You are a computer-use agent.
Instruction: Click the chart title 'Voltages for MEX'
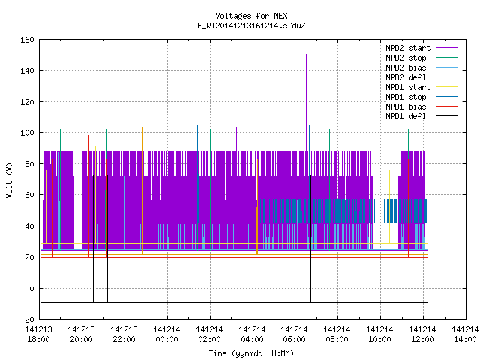[x=251, y=16]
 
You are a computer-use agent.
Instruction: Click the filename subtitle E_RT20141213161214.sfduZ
[x=251, y=25]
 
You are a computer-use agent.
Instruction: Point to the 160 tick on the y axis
[x=27, y=40]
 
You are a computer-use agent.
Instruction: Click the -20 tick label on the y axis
[x=27, y=319]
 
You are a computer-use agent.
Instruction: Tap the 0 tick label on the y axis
[x=31, y=288]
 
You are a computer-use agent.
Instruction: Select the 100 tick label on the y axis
[x=27, y=133]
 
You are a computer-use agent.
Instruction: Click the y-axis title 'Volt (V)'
[x=9, y=180]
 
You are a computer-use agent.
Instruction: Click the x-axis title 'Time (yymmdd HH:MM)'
[x=251, y=353]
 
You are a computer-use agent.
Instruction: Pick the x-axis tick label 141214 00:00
[x=166, y=334]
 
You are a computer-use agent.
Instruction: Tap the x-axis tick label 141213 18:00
[x=38, y=334]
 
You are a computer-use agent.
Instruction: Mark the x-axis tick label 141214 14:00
[x=465, y=334]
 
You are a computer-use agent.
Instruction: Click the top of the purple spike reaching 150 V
[x=307, y=55]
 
